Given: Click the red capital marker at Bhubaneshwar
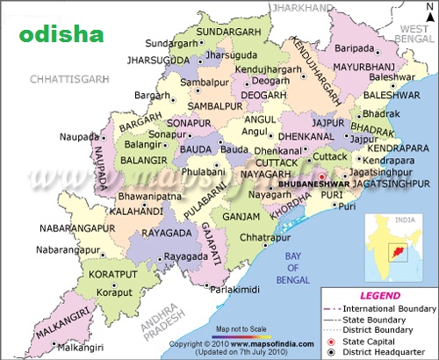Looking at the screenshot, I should [321, 176].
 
